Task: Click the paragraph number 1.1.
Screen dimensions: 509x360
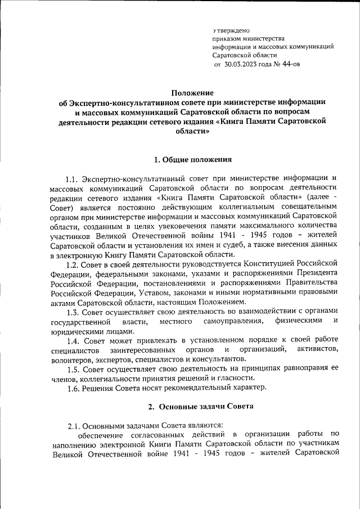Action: point(74,178)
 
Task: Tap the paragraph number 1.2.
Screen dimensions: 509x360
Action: point(74,263)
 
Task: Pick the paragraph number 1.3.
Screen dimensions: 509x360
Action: point(74,311)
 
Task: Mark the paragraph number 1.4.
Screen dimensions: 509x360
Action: point(74,340)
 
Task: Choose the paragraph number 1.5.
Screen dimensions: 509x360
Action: point(74,368)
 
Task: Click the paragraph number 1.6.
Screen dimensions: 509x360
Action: point(74,388)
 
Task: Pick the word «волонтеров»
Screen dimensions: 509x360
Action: point(71,359)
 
